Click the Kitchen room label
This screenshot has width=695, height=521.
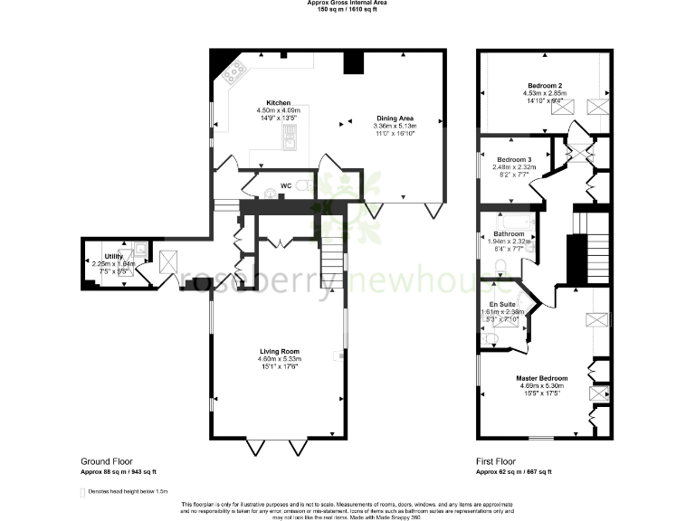(x=278, y=102)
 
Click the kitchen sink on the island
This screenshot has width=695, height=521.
(x=290, y=137)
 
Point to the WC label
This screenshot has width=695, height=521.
(x=285, y=185)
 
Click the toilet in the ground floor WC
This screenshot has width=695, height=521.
(x=305, y=185)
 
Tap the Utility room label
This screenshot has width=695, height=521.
(x=114, y=257)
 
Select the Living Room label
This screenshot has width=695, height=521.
(x=279, y=351)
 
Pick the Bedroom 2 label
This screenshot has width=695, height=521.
(x=543, y=85)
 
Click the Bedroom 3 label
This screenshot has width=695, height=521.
(x=512, y=159)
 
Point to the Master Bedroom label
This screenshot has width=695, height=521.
(x=542, y=377)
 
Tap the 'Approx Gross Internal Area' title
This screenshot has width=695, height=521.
(x=347, y=4)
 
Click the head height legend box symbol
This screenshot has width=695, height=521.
(x=83, y=491)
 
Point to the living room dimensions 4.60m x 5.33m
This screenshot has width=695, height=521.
(x=279, y=359)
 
